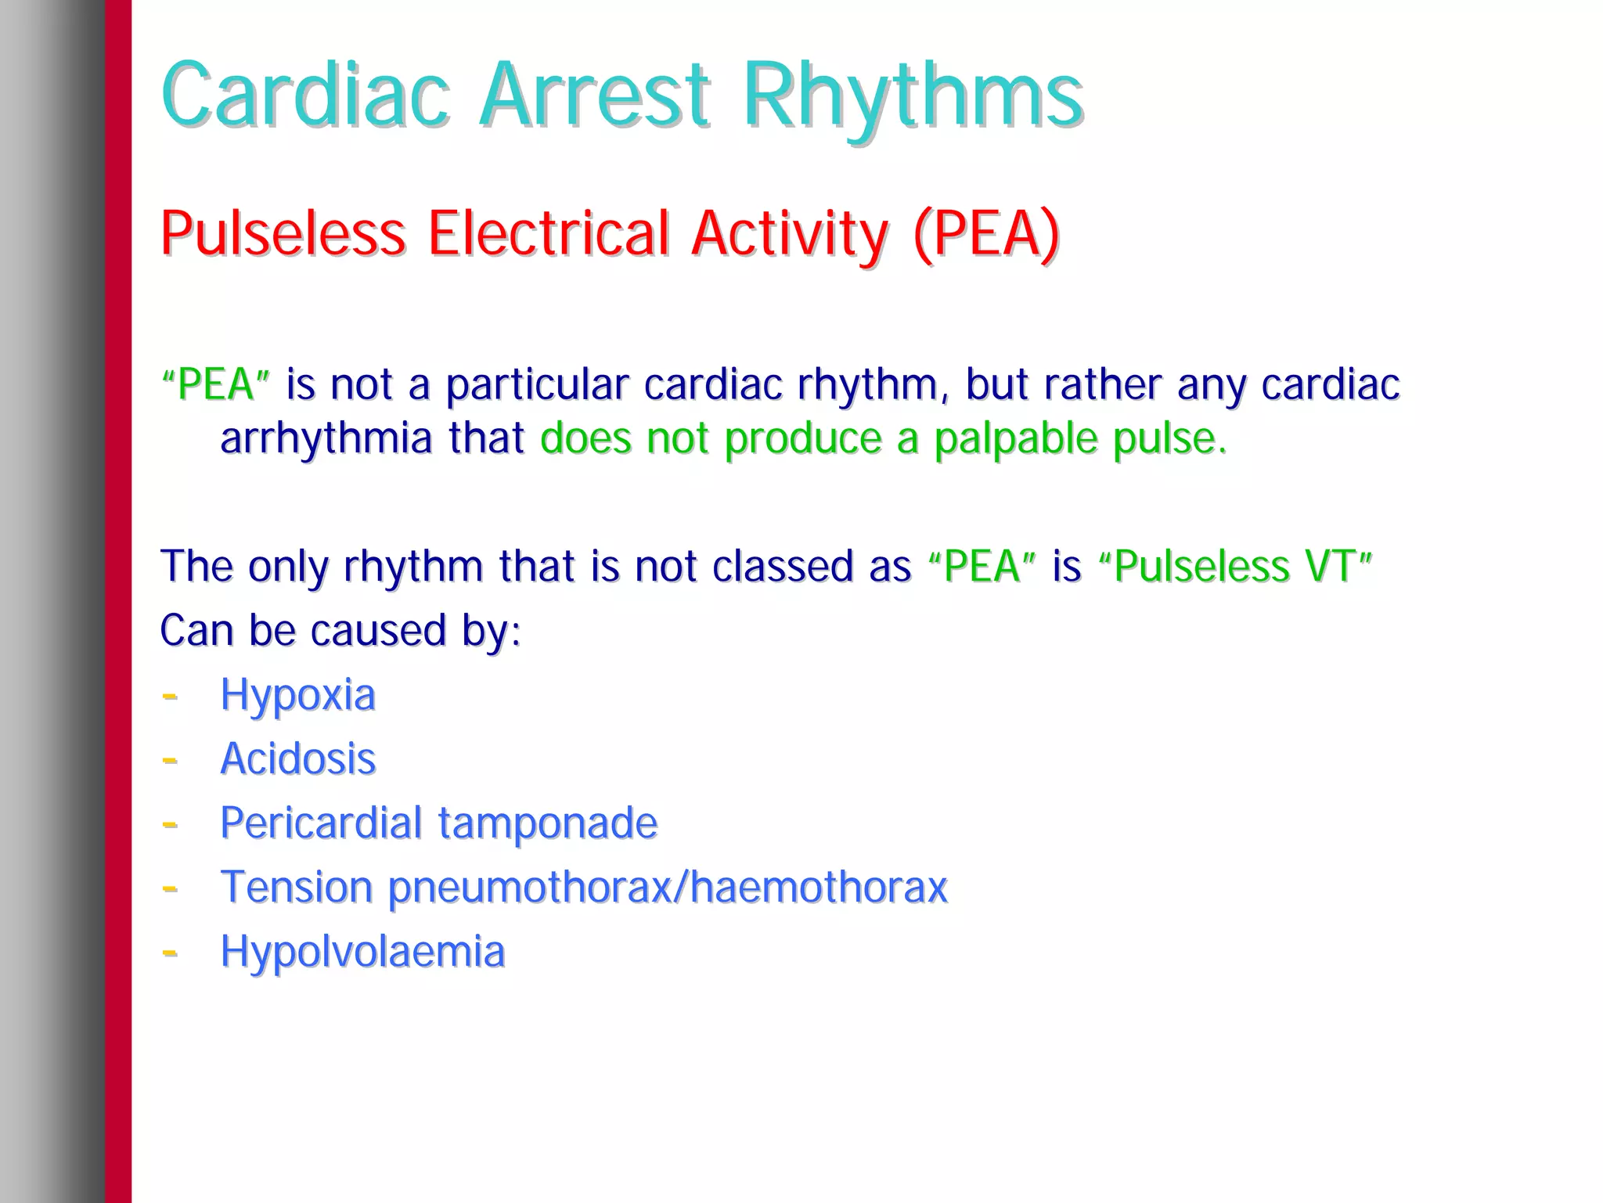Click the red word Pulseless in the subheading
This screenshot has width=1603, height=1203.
(x=283, y=233)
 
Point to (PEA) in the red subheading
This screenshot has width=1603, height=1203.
(x=985, y=233)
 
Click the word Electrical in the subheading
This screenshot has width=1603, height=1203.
(x=548, y=233)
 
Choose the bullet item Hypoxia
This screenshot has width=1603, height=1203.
(x=297, y=695)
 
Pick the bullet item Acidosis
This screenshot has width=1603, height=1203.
(x=297, y=759)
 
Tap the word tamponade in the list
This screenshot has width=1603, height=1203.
(x=547, y=823)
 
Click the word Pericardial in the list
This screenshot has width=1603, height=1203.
(x=321, y=823)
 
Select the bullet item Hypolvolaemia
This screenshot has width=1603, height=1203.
(x=362, y=952)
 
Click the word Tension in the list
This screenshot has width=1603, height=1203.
(x=296, y=888)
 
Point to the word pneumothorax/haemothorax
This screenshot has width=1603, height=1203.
(x=668, y=888)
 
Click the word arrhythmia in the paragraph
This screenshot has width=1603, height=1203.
(x=326, y=438)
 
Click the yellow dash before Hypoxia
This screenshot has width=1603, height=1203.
(x=169, y=695)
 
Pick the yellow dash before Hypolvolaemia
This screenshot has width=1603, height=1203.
(x=169, y=952)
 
